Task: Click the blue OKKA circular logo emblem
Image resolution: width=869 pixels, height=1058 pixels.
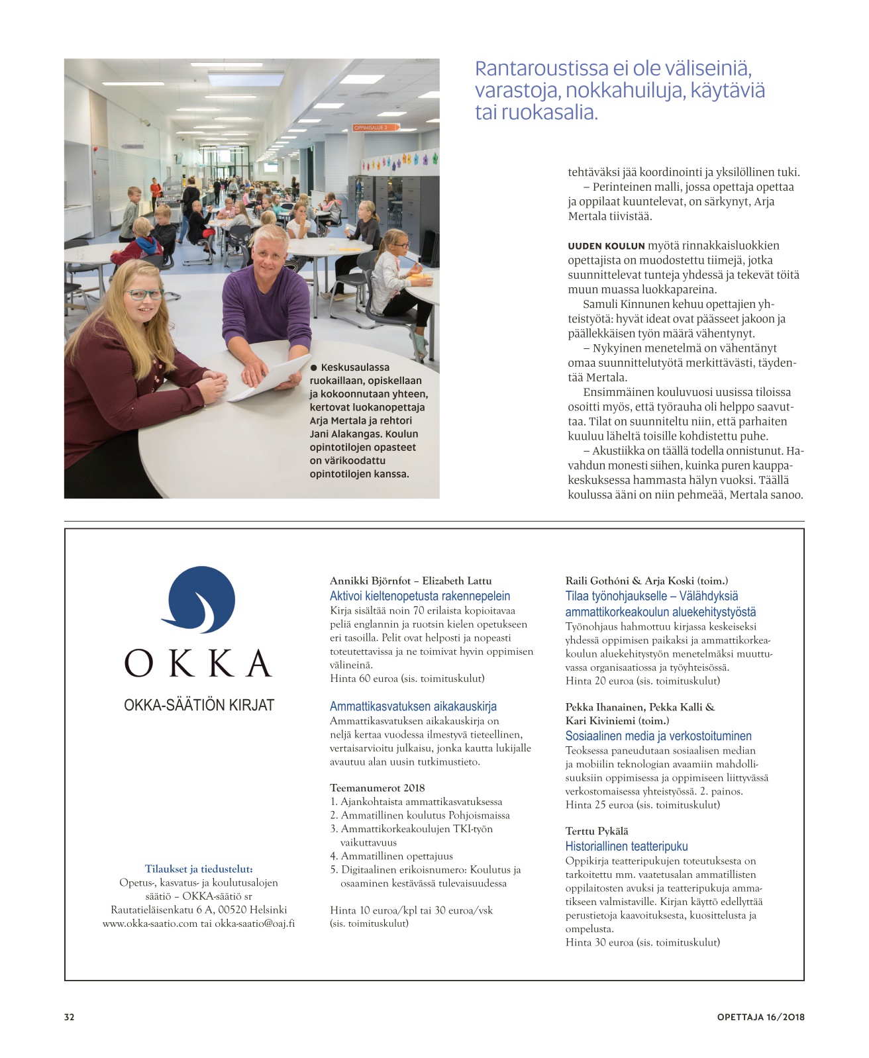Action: click(x=198, y=601)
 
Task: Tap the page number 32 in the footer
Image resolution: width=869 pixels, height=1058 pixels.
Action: click(x=70, y=1017)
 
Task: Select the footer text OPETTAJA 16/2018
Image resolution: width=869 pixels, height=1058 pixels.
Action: click(x=760, y=1017)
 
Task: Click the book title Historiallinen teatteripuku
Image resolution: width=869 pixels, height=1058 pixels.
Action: click(x=626, y=846)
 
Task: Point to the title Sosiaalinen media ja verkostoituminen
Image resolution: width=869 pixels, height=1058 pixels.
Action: click(x=658, y=736)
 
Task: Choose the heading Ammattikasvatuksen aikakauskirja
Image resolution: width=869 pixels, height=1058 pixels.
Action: click(x=413, y=706)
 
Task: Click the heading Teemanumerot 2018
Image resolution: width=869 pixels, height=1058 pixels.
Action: click(x=377, y=788)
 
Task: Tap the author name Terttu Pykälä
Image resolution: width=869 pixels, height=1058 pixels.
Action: click(x=596, y=831)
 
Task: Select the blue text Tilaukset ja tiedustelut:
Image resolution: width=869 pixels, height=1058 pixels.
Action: click(x=199, y=869)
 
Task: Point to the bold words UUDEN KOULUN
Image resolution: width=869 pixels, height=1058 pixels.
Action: click(x=606, y=246)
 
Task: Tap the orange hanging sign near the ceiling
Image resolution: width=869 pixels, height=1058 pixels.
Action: click(x=376, y=128)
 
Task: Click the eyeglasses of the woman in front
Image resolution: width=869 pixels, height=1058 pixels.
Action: click(x=145, y=294)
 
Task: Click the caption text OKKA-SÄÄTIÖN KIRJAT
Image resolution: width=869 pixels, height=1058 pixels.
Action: click(x=199, y=705)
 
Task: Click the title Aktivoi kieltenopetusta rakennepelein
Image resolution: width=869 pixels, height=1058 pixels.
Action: click(x=420, y=596)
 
